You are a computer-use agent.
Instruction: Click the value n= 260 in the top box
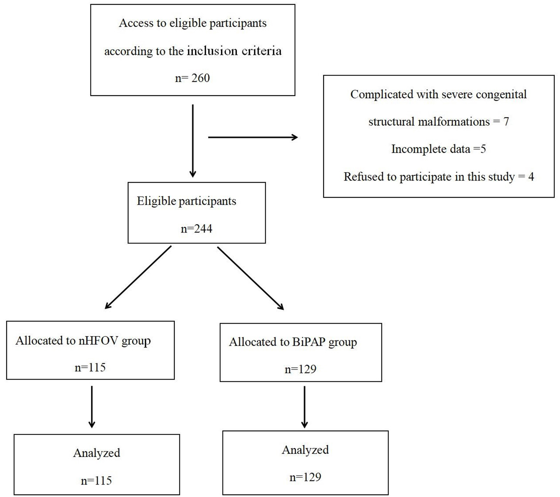click(192, 78)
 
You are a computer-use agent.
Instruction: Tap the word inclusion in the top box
click(212, 51)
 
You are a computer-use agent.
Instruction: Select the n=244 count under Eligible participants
click(196, 229)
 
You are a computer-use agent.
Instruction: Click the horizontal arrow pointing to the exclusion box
click(252, 137)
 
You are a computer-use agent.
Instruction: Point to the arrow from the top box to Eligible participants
click(193, 140)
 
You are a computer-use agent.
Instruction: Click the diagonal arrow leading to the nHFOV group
click(138, 277)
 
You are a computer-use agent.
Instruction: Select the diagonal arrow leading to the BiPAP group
click(250, 278)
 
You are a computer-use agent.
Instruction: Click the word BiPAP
click(309, 342)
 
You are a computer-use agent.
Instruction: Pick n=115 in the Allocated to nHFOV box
click(90, 367)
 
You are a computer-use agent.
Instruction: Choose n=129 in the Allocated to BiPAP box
click(300, 369)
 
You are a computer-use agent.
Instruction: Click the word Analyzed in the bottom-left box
click(97, 453)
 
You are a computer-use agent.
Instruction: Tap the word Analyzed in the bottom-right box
click(305, 450)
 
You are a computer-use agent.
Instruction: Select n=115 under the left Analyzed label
click(96, 481)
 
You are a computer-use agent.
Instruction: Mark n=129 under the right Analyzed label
click(305, 477)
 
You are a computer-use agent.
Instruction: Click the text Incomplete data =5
click(439, 149)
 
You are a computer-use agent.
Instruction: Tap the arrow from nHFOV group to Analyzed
click(92, 407)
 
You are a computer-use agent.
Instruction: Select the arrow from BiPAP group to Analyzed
click(304, 407)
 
